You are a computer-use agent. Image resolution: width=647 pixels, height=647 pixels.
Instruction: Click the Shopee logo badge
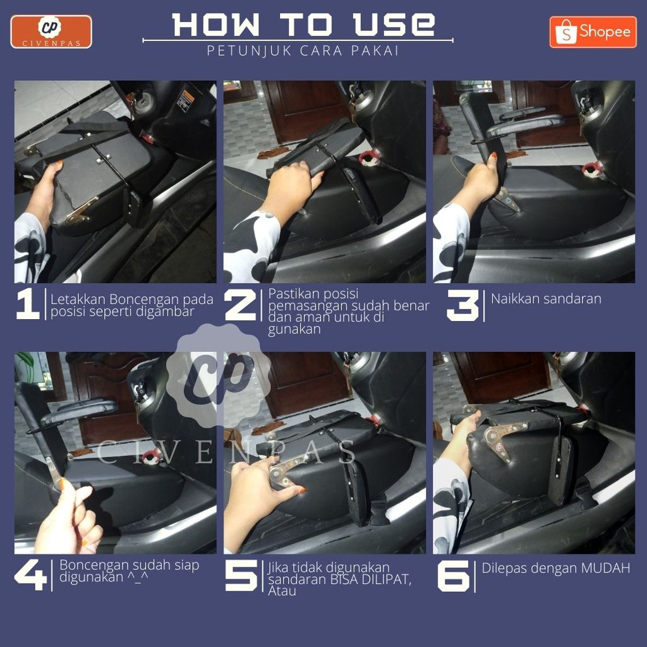(593, 32)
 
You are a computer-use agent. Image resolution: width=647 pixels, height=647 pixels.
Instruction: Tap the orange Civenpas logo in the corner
(51, 32)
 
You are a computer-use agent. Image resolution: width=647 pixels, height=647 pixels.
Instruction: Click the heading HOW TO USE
(303, 25)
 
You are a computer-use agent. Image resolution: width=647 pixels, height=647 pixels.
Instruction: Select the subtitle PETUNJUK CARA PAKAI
(303, 51)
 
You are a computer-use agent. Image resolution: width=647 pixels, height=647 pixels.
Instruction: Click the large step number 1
(28, 304)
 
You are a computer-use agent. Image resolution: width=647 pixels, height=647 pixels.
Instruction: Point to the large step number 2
(241, 305)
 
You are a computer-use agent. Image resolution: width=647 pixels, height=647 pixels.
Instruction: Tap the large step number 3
(463, 305)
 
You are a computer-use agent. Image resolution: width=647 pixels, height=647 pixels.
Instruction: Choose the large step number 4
(30, 575)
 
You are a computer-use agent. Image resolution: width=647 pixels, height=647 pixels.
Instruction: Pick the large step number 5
(241, 576)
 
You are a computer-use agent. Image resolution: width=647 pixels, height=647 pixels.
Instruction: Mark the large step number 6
(454, 576)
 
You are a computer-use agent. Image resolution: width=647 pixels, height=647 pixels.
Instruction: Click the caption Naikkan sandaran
(546, 299)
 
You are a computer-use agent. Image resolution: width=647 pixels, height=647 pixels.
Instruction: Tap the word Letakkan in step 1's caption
(78, 299)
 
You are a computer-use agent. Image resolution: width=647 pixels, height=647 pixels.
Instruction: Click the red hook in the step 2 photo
(368, 159)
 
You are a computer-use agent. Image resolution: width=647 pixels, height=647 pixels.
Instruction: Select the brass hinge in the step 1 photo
(81, 211)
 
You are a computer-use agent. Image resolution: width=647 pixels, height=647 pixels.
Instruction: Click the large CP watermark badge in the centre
(219, 375)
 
